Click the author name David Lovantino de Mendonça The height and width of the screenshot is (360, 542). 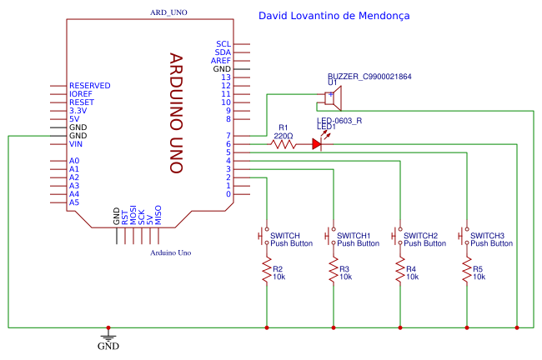tap(334, 16)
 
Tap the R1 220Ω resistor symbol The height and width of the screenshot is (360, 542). tap(284, 144)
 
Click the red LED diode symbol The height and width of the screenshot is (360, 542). tap(317, 144)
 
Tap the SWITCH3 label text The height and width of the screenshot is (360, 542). tap(487, 236)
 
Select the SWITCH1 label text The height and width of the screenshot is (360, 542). tap(354, 236)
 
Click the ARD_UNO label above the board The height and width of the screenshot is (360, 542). tap(168, 14)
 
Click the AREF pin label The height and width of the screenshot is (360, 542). tap(220, 61)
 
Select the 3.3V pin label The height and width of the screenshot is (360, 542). tap(78, 111)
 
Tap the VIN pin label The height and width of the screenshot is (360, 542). tap(76, 144)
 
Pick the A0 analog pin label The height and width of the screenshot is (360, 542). tap(74, 161)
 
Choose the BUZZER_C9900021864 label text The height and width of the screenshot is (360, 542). tap(369, 77)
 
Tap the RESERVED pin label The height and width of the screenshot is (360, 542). tap(89, 86)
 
